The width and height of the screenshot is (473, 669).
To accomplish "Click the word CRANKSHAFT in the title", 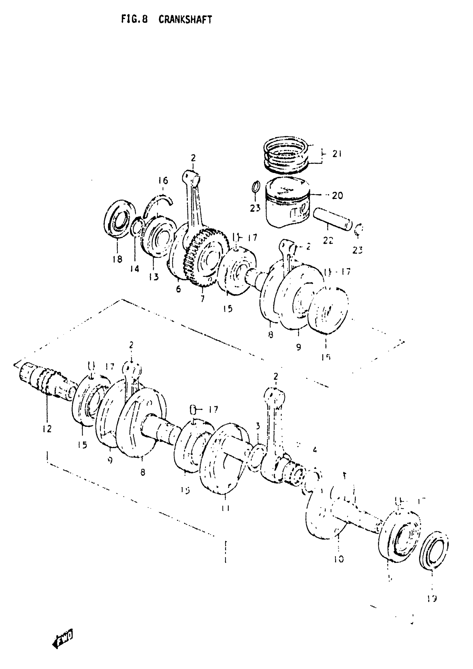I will click(185, 19).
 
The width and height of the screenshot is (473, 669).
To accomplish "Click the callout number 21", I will click(337, 154).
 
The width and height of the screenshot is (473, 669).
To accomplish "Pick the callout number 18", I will click(117, 259).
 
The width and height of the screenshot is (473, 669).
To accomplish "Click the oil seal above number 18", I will click(119, 217).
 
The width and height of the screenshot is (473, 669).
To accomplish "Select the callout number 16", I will click(163, 181).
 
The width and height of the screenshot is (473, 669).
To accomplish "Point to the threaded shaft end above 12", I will click(44, 379).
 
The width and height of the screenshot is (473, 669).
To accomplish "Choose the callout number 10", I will click(339, 559).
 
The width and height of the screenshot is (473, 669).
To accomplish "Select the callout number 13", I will click(154, 276).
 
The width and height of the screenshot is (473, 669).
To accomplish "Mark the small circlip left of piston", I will click(255, 187).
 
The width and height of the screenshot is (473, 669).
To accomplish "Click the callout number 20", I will click(337, 195).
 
